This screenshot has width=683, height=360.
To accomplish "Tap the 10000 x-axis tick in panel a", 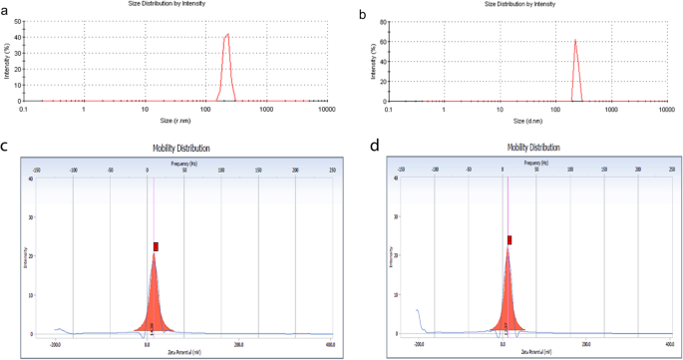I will pyautogui.click(x=326, y=109).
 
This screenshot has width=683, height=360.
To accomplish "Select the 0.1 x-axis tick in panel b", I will pyautogui.click(x=390, y=109).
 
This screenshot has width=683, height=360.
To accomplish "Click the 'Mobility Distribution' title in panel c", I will pyautogui.click(x=181, y=149).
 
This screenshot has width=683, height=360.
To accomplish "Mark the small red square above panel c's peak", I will pyautogui.click(x=156, y=246).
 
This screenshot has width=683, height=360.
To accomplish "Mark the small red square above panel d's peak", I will pyautogui.click(x=510, y=240).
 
